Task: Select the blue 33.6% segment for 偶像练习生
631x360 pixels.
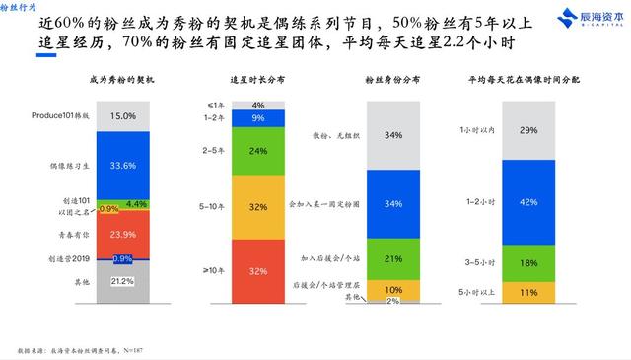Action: [x=150, y=166]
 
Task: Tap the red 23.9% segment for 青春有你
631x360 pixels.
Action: [x=150, y=236]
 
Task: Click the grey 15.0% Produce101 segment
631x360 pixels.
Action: [x=150, y=116]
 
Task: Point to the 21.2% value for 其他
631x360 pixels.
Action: [x=150, y=281]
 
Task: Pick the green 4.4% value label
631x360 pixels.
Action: [x=164, y=204]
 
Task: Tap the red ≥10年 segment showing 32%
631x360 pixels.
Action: [x=257, y=271]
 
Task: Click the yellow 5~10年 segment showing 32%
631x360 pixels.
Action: [x=257, y=208]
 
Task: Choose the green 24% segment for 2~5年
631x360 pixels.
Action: [x=257, y=152]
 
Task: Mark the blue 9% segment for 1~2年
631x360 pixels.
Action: [x=257, y=118]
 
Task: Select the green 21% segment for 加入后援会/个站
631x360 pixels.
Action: [x=392, y=258]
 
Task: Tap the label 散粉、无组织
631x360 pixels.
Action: [x=332, y=135]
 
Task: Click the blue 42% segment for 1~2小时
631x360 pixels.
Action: [x=529, y=201]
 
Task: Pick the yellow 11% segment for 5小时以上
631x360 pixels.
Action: [x=529, y=292]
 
